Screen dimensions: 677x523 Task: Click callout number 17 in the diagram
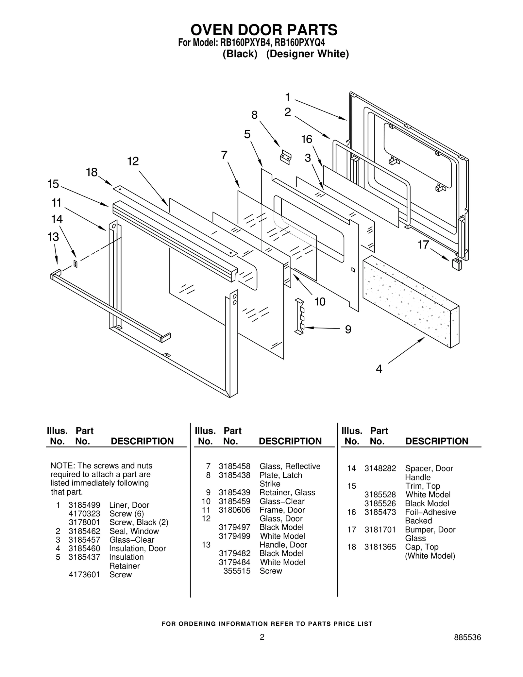click(423, 245)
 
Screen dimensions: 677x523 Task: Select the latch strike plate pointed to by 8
click(286, 157)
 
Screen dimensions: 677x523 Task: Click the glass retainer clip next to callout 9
click(300, 316)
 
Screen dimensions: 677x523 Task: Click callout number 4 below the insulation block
click(379, 369)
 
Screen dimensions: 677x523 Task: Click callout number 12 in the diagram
click(133, 161)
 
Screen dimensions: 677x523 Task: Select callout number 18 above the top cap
click(92, 172)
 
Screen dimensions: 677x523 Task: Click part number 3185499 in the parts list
click(84, 505)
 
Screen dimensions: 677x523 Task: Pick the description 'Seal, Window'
click(134, 531)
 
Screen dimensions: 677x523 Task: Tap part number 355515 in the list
click(237, 571)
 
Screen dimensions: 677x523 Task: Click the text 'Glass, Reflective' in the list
click(290, 466)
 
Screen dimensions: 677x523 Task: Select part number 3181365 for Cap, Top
click(380, 547)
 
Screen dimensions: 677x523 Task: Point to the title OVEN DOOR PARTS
click(264, 30)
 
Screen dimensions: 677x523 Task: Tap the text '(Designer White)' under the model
click(307, 54)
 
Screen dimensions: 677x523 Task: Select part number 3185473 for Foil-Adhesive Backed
click(380, 512)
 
